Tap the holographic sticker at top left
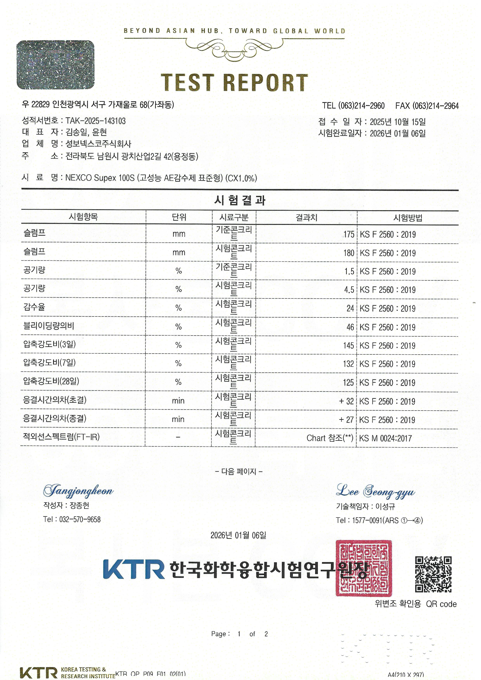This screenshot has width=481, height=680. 55,65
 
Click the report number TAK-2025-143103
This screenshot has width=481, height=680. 95,121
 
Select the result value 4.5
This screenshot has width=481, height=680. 349,290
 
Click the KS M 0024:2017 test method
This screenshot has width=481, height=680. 385,438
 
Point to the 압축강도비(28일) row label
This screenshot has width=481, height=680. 51,381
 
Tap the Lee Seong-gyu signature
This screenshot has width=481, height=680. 375,491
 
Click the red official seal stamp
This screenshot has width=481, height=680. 364,568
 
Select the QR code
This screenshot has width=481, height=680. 433,574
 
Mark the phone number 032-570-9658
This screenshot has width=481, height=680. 80,519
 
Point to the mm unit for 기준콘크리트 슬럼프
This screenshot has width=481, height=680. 179,234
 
